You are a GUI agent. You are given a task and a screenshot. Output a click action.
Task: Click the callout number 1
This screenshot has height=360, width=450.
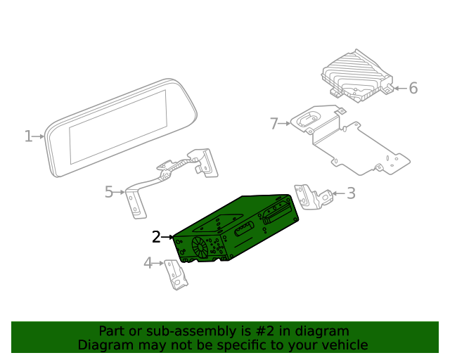coord(28,136)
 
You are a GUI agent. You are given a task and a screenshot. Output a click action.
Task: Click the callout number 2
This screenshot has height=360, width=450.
coord(156,238)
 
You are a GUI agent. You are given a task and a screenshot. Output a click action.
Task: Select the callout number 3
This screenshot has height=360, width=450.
coord(351,193)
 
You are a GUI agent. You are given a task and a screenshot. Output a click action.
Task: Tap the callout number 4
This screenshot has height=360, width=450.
coord(148,264)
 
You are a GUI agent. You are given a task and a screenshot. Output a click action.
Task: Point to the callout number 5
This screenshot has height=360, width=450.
coord(109,191)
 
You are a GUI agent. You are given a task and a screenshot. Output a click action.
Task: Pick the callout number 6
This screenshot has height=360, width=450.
coord(413,88)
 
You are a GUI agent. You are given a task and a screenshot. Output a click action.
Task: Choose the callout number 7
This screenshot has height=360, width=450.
coord(274,124)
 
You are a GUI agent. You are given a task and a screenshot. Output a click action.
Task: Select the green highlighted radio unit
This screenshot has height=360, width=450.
coord(239,225)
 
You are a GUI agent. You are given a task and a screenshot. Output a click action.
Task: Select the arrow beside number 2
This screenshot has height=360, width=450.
coord(168,238)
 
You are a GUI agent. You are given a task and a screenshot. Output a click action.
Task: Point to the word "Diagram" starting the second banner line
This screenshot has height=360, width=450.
coord(105,345)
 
